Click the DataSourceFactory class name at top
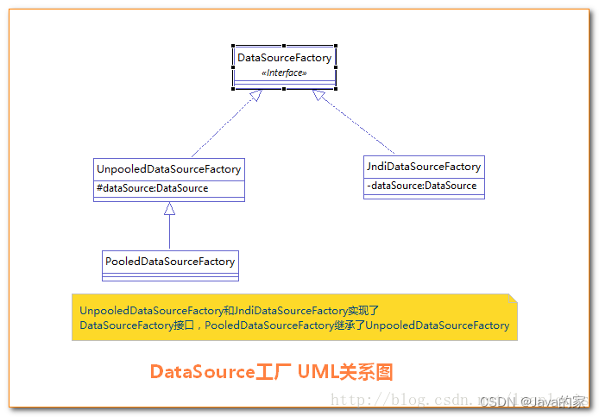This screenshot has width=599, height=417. [284, 58]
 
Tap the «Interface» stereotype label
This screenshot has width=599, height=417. [284, 73]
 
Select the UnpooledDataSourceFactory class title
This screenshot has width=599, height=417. [169, 169]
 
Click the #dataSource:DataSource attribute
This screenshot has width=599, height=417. [153, 187]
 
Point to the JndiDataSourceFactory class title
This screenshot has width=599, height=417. [424, 167]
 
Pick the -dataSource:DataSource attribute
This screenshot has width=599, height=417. [422, 186]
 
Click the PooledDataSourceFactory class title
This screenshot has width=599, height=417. [170, 261]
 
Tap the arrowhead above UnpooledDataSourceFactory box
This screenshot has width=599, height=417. [170, 208]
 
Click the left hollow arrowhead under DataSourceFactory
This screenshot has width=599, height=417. [255, 95]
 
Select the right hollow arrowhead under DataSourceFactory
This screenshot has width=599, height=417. [318, 95]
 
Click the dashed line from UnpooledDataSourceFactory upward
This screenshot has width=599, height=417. [220, 130]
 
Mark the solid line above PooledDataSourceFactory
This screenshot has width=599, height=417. [170, 231]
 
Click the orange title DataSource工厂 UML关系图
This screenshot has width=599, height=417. [271, 371]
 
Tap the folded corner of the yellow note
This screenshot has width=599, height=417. [513, 299]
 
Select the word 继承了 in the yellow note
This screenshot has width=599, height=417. [351, 325]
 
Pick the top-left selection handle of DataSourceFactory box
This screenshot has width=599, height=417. [233, 46]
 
